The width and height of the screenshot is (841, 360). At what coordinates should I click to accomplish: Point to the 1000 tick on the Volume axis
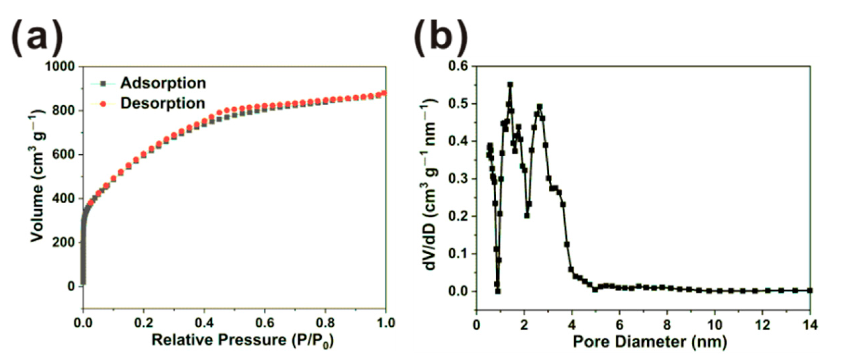coord(60,66)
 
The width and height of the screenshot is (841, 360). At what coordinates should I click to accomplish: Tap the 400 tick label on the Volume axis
coord(63,198)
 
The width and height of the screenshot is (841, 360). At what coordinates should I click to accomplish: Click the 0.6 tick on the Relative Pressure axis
coord(265,323)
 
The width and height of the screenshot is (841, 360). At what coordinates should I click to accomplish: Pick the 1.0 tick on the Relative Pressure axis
coord(385,323)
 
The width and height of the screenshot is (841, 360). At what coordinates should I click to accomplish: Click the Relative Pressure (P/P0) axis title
coord(243,340)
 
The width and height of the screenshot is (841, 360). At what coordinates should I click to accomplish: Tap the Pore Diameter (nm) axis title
coord(650,342)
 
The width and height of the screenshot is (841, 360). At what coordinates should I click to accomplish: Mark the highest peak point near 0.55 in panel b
coord(510,85)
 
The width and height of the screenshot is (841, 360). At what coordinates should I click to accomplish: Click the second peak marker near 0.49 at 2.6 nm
coord(539,107)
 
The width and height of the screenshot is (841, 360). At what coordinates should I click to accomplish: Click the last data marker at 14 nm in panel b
coord(810,291)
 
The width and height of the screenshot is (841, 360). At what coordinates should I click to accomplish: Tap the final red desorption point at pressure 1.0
coord(385,93)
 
